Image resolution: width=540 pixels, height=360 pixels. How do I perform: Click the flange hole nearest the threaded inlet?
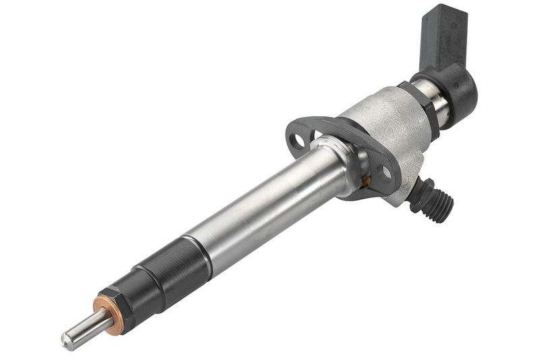pyautogui.click(x=386, y=172)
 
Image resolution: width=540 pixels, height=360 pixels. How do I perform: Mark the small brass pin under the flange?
pyautogui.click(x=366, y=180)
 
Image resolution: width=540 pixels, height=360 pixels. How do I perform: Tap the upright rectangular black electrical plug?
pyautogui.click(x=443, y=37)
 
